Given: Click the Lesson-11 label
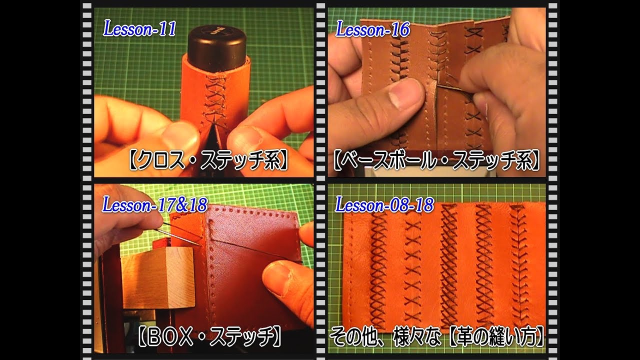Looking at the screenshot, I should pyautogui.click(x=139, y=29).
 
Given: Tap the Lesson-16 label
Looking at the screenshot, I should pyautogui.click(x=372, y=30).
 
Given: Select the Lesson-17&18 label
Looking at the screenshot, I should pyautogui.click(x=155, y=204).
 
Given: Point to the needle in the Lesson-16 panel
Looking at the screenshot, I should pyautogui.click(x=452, y=89).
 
